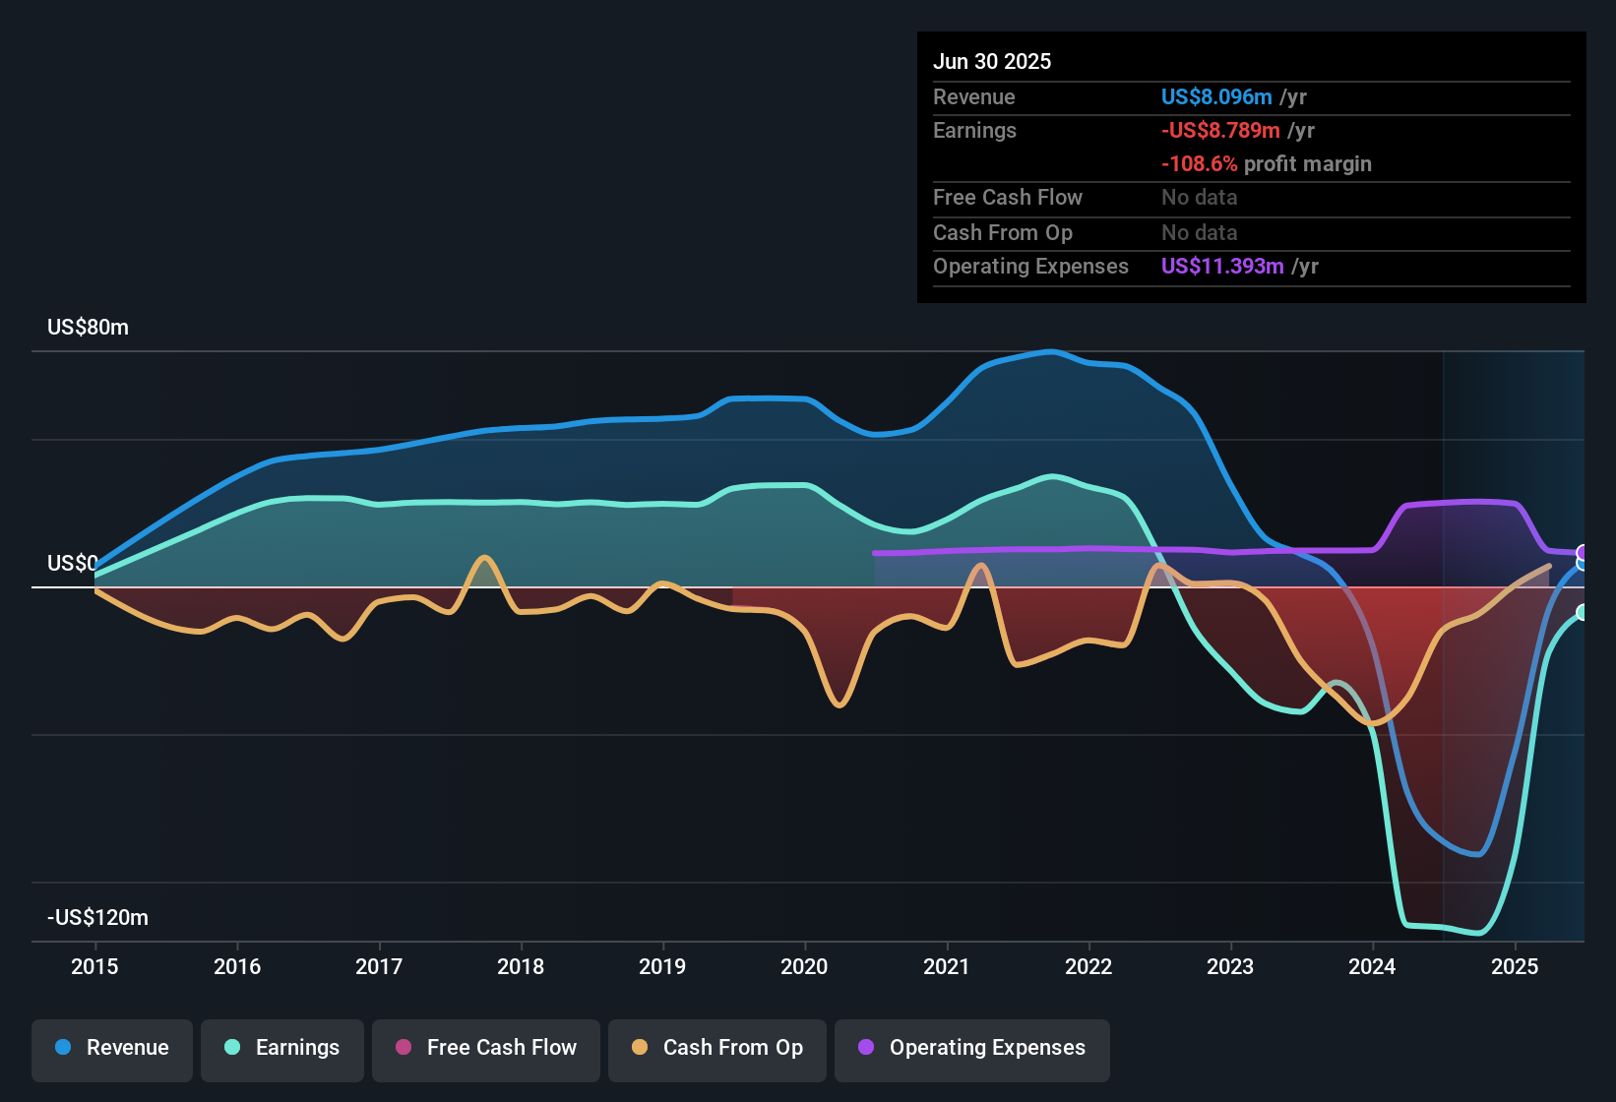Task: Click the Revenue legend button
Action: click(x=111, y=1047)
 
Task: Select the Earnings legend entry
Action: click(x=281, y=1047)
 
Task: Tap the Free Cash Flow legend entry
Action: click(x=485, y=1047)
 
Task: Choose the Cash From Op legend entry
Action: click(x=716, y=1047)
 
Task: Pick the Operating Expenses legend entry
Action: click(x=971, y=1047)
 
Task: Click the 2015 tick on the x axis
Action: click(x=94, y=966)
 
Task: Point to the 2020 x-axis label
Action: click(x=804, y=966)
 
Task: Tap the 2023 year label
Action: click(x=1230, y=966)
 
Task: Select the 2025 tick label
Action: click(x=1514, y=966)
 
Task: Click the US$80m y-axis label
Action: click(x=88, y=327)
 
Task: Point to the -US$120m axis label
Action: click(x=97, y=917)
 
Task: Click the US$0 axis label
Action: click(x=72, y=563)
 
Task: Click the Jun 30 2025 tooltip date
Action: click(x=991, y=61)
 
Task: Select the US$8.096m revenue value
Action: click(x=1216, y=96)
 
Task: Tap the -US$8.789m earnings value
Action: click(x=1220, y=130)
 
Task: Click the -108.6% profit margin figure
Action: click(x=1199, y=163)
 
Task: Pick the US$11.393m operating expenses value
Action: click(x=1222, y=266)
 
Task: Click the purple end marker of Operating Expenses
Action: click(x=1583, y=552)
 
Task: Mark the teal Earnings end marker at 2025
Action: click(x=1583, y=612)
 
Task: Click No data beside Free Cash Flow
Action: click(x=1199, y=197)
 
